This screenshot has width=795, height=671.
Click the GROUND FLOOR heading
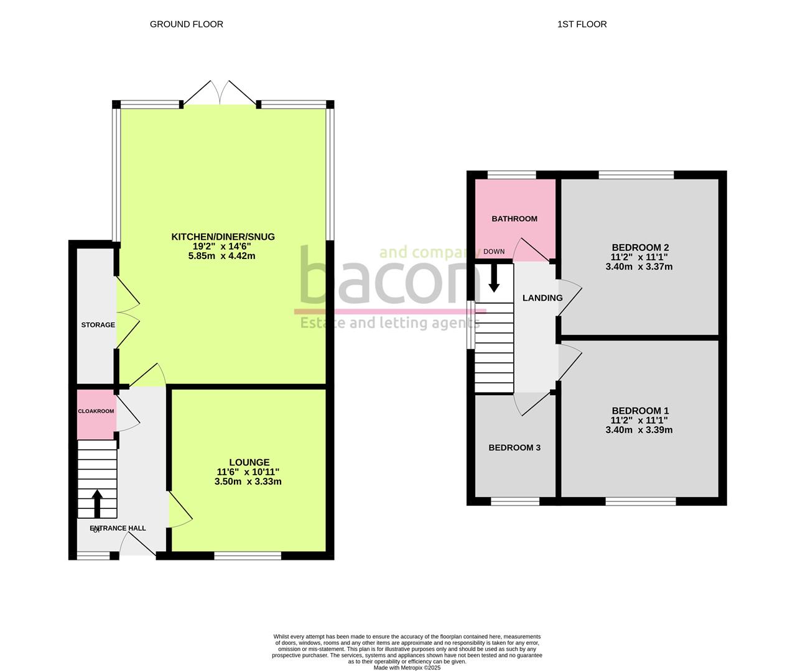[186, 24]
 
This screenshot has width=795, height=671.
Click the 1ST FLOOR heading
[582, 24]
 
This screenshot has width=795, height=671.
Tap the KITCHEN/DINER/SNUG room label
[223, 237]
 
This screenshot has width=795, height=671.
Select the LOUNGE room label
[249, 462]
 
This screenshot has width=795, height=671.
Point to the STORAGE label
[98, 325]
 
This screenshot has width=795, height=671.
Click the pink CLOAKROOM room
[96, 414]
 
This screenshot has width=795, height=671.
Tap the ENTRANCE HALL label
[118, 529]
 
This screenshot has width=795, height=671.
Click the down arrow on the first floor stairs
[494, 278]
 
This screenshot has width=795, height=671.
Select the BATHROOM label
[514, 219]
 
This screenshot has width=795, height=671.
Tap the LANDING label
[542, 298]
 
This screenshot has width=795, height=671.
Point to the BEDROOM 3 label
[514, 448]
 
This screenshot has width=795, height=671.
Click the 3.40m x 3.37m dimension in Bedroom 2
[639, 267]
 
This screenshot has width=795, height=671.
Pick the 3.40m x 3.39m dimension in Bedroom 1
[639, 430]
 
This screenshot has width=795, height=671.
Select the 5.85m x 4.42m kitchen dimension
[223, 256]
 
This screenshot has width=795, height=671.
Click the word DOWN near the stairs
[494, 252]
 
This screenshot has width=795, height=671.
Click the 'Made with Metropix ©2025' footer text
[407, 668]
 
